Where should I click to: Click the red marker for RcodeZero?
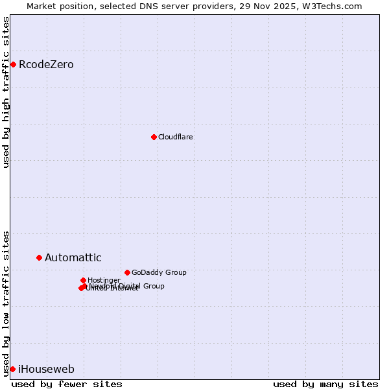coord(13,64)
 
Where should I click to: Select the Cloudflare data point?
coord(154,137)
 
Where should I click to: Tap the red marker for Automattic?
coord(39,257)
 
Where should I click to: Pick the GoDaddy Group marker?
coord(127,272)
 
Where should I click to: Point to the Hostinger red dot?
coord(83,280)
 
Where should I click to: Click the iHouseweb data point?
coord(12,369)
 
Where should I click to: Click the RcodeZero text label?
coord(46,64)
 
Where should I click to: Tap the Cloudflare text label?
coord(176,137)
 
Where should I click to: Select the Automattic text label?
coord(73,257)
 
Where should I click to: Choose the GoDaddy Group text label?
coord(159,272)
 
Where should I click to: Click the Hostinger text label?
coord(104,280)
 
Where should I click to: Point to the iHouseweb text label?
coord(46,369)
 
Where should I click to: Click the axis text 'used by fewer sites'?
coord(67,384)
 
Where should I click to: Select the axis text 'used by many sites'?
coord(325,384)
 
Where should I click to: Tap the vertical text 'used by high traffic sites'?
coord(6,91)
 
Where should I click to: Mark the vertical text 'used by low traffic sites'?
coord(6,303)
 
